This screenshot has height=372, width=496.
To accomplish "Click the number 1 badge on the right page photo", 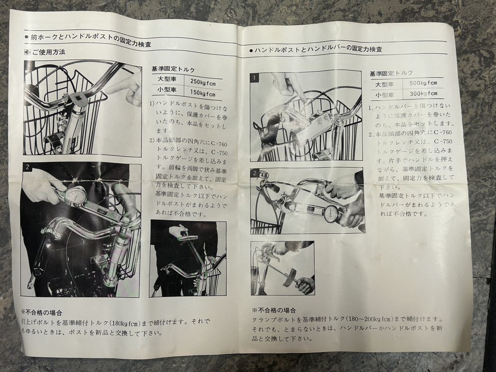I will point(255,77).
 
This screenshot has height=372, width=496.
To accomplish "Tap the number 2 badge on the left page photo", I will point(27,168).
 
